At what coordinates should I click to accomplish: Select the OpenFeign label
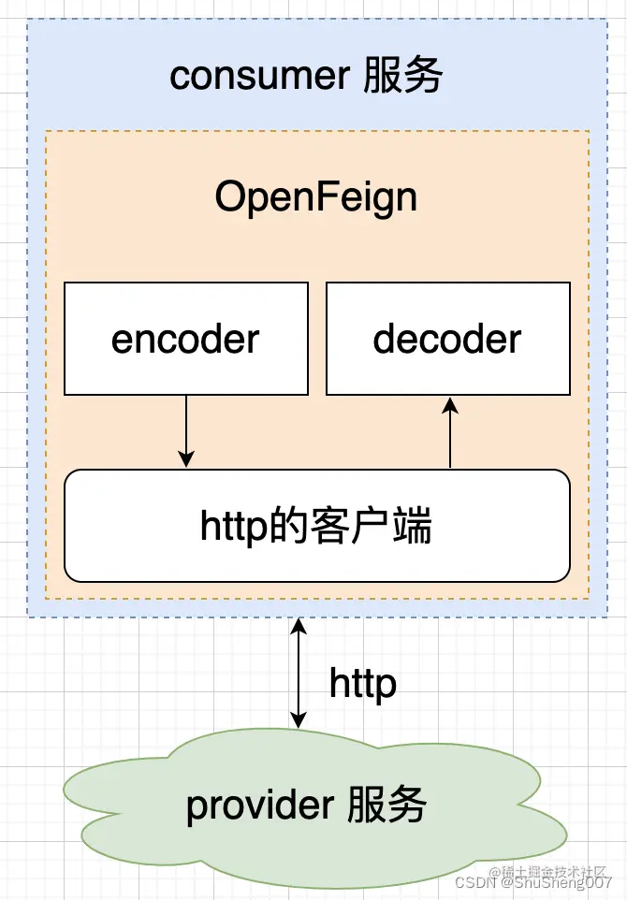tap(315, 197)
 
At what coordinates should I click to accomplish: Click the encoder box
tap(185, 339)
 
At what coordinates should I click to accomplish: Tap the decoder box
tap(447, 339)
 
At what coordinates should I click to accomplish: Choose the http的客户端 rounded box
tap(316, 526)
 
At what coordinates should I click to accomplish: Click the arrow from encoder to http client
tap(186, 430)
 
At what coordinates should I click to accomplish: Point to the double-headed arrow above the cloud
tap(298, 673)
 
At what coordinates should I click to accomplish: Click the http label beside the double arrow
tap(362, 684)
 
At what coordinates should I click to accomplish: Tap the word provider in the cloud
tap(247, 806)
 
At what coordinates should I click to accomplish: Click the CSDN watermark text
tap(474, 881)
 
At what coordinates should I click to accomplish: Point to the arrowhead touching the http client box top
tap(186, 460)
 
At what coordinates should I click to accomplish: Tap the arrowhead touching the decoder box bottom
tap(450, 404)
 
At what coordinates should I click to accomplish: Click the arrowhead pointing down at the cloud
tap(298, 719)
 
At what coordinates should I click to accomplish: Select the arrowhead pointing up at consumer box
tap(298, 626)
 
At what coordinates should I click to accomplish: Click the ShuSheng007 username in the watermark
tap(561, 881)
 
